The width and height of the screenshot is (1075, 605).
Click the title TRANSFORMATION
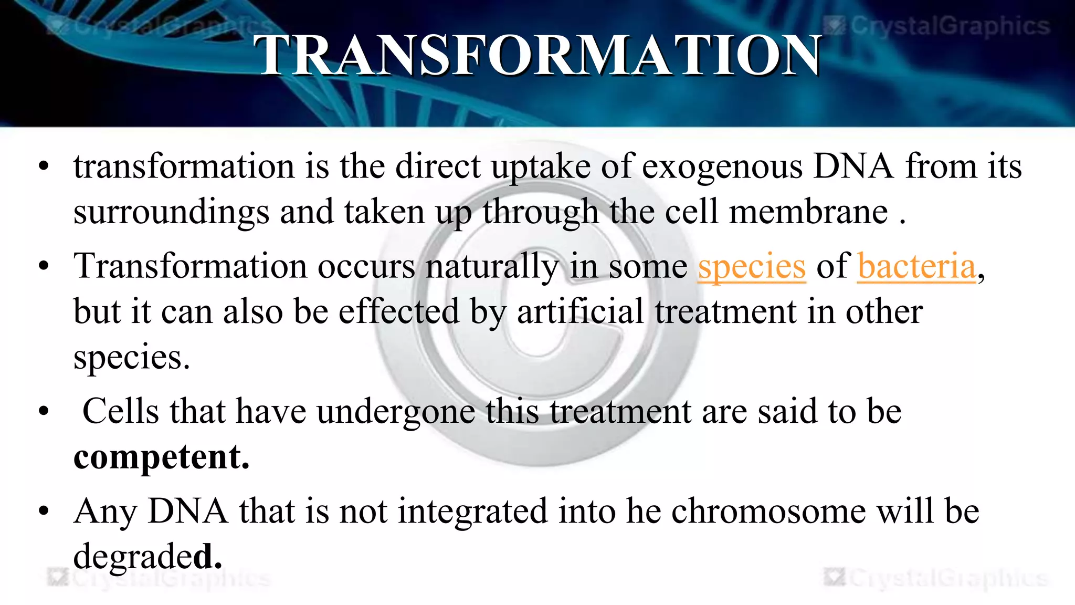point(537,55)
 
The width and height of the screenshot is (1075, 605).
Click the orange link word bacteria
point(916,266)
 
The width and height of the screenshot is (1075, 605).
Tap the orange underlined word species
point(751,266)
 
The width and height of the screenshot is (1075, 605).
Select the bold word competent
point(161,457)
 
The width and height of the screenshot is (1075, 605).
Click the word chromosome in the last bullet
point(768,511)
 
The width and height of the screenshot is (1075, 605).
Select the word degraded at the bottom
point(147,557)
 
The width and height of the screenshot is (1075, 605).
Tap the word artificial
point(580,311)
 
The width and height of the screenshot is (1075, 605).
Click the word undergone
point(396,411)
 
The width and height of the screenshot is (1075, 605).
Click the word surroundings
point(171,212)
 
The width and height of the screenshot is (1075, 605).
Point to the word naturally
point(492,266)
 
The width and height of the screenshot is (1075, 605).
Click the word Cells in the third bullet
point(121,411)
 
